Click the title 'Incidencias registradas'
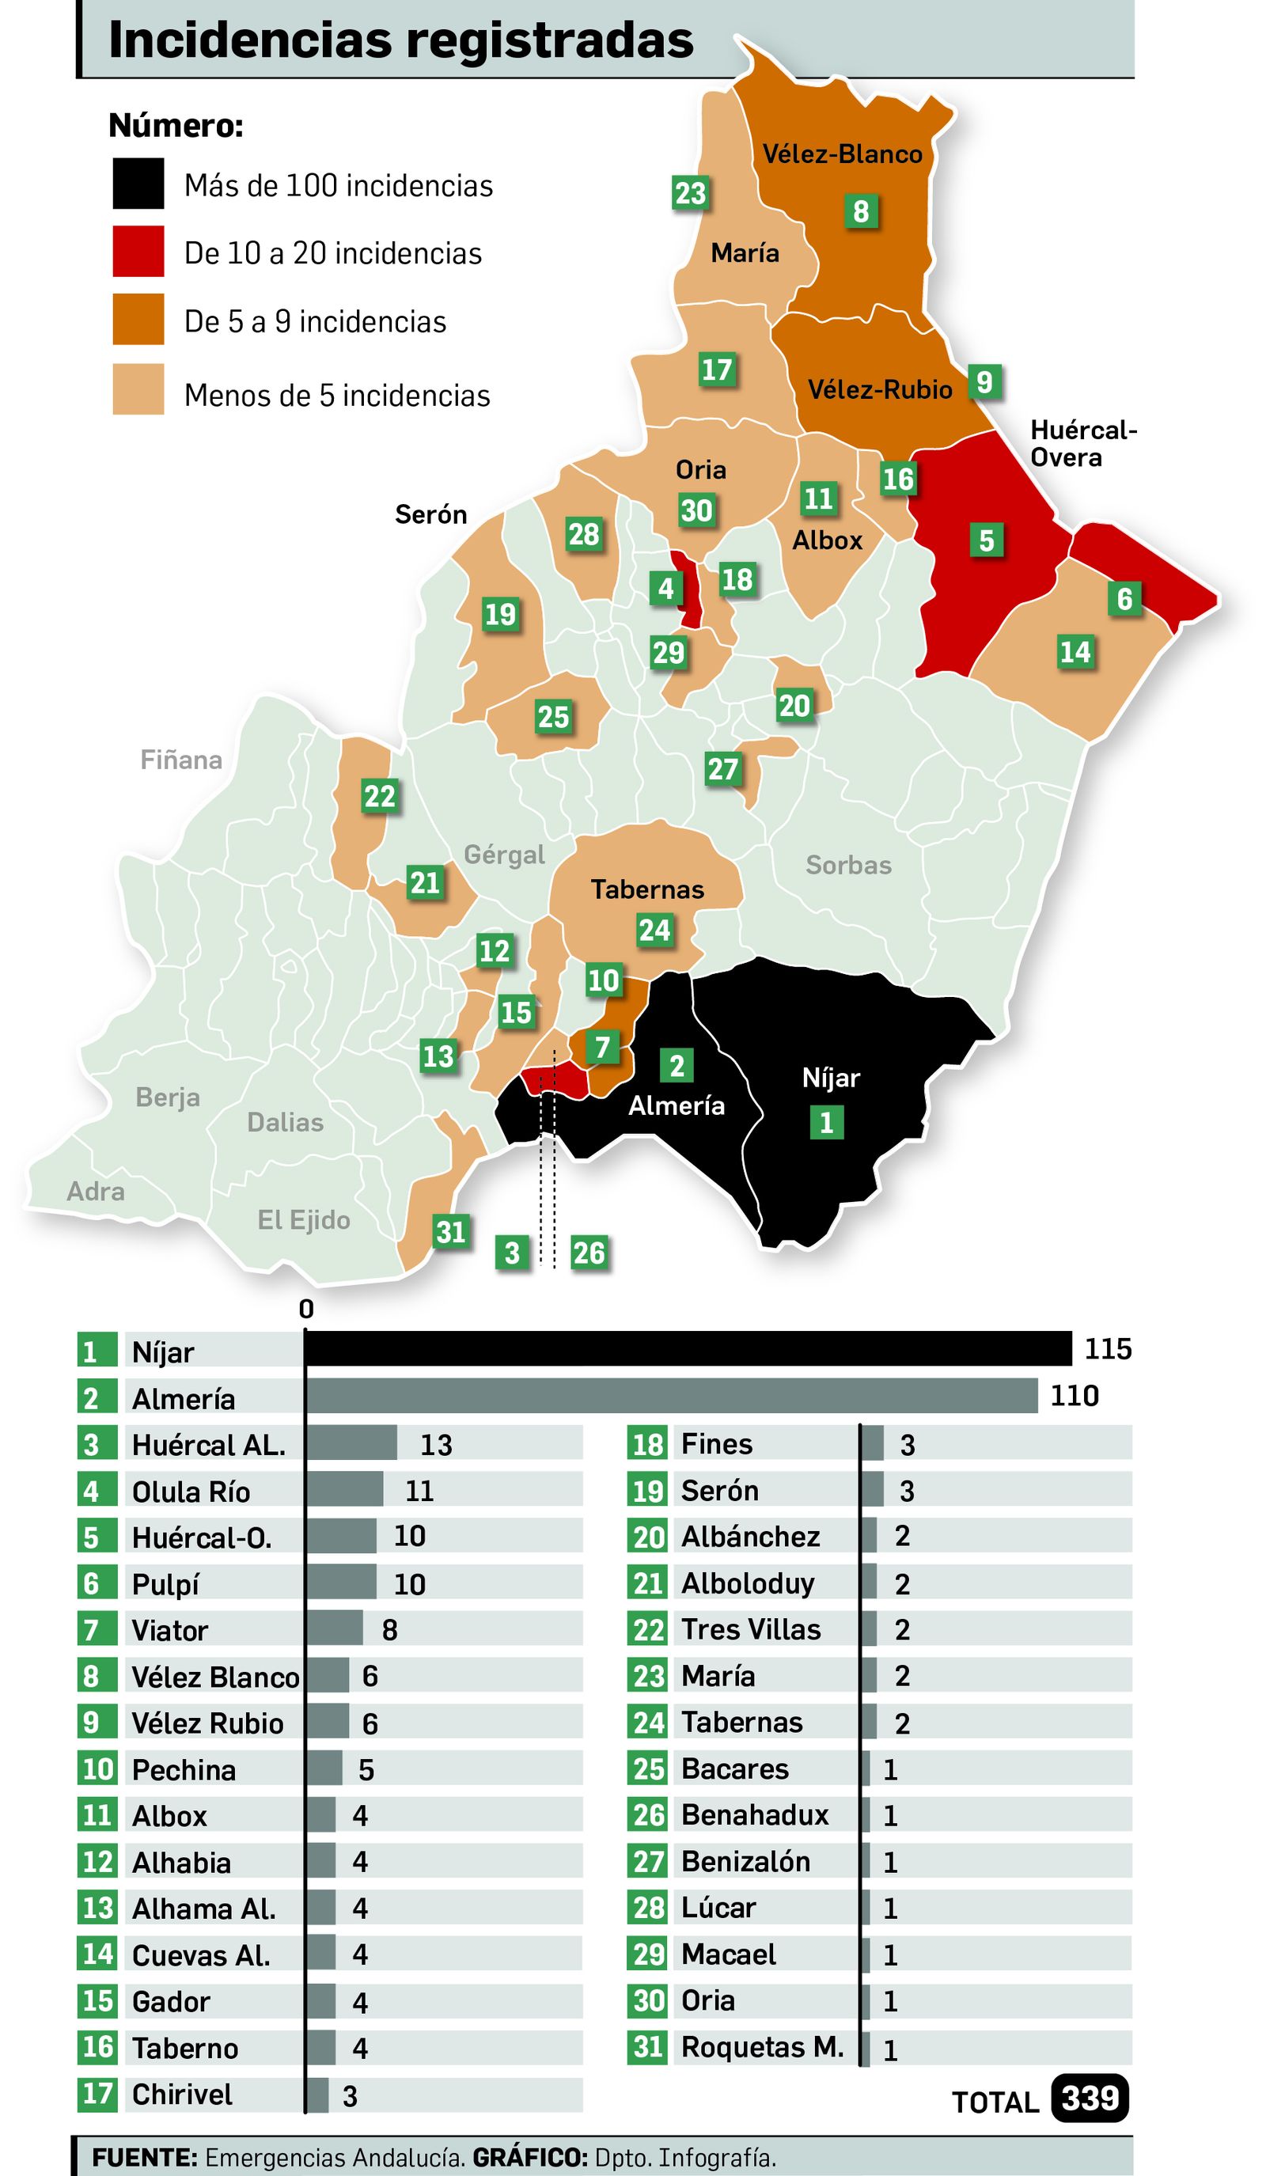[400, 40]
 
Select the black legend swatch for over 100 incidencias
[138, 183]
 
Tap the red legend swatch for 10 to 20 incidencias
[138, 252]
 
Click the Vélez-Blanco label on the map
[842, 154]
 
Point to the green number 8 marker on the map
[860, 210]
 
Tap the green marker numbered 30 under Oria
[696, 510]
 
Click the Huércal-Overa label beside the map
[1083, 443]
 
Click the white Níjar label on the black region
[831, 1078]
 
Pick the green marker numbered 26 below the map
[588, 1252]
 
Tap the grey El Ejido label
[303, 1220]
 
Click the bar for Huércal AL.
[351, 1443]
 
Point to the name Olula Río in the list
[191, 1492]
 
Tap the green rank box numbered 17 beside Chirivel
[97, 2094]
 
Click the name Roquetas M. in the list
[762, 2046]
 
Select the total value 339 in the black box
[1090, 2098]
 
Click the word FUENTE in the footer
[144, 2157]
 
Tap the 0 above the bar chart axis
[305, 1309]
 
